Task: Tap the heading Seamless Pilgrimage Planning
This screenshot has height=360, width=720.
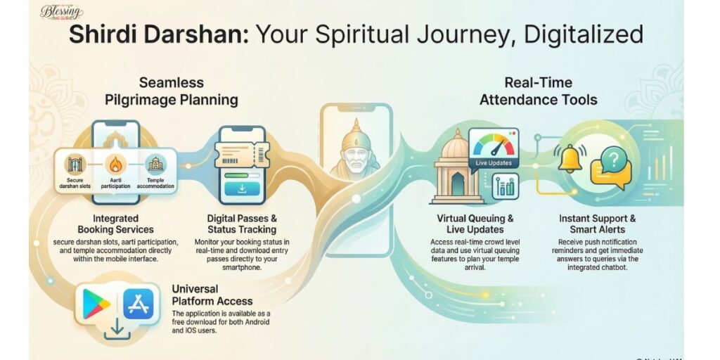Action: tap(171, 91)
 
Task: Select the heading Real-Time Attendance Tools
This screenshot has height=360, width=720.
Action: tap(538, 91)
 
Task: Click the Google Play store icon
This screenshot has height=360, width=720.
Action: tap(96, 304)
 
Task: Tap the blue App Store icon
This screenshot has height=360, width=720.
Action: tap(138, 304)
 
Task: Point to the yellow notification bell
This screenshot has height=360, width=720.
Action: tap(567, 160)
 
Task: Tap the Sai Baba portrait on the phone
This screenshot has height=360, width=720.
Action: tap(355, 155)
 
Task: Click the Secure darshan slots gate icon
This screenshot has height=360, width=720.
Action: tap(74, 165)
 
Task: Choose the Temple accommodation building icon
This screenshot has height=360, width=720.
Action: tap(155, 165)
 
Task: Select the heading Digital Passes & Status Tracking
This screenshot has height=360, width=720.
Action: tap(242, 224)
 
